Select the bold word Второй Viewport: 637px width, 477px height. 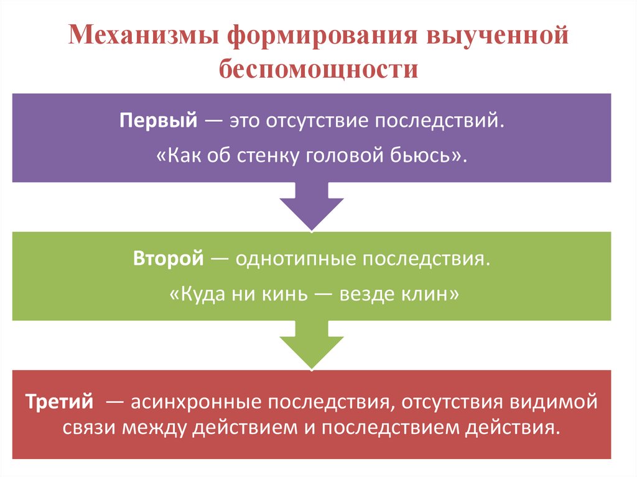[x=168, y=258]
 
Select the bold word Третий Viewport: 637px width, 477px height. [x=60, y=401]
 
